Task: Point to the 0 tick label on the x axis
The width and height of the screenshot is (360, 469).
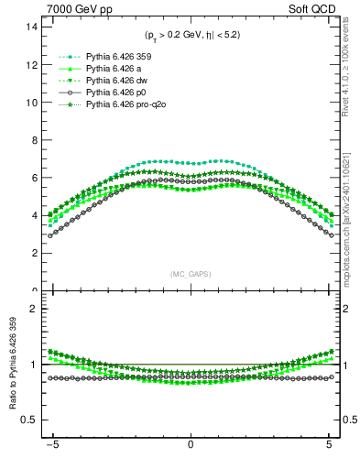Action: (x=191, y=443)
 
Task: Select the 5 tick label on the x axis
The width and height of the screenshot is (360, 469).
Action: (x=329, y=443)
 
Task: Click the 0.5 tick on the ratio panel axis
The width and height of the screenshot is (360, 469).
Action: (x=30, y=420)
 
